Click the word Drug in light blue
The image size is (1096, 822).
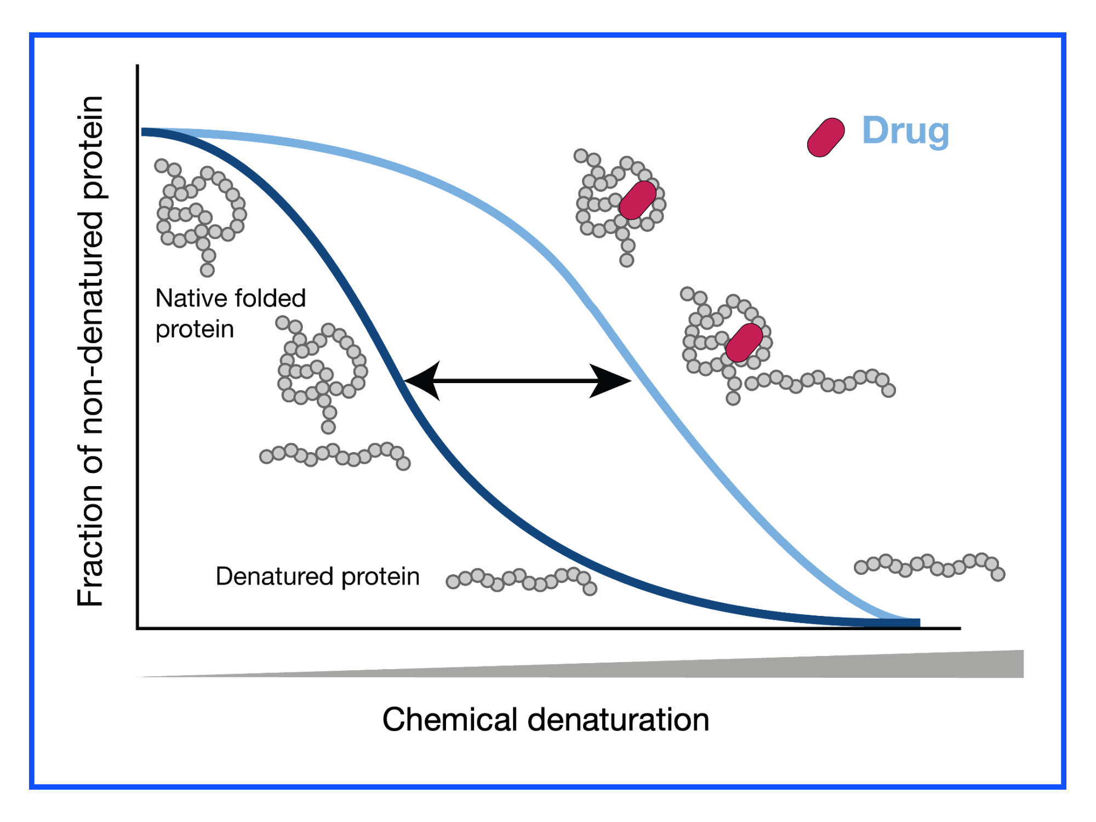[905, 132]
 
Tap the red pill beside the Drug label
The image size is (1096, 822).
[826, 138]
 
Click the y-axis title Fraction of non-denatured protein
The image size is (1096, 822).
[90, 351]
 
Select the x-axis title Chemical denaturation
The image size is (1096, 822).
[546, 719]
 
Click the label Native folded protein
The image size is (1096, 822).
[231, 313]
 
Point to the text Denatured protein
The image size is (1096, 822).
[318, 577]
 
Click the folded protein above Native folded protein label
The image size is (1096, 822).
[201, 214]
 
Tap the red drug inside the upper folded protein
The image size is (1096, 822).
[638, 200]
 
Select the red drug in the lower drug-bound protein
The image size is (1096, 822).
[744, 342]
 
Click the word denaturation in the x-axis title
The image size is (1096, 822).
[619, 719]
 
